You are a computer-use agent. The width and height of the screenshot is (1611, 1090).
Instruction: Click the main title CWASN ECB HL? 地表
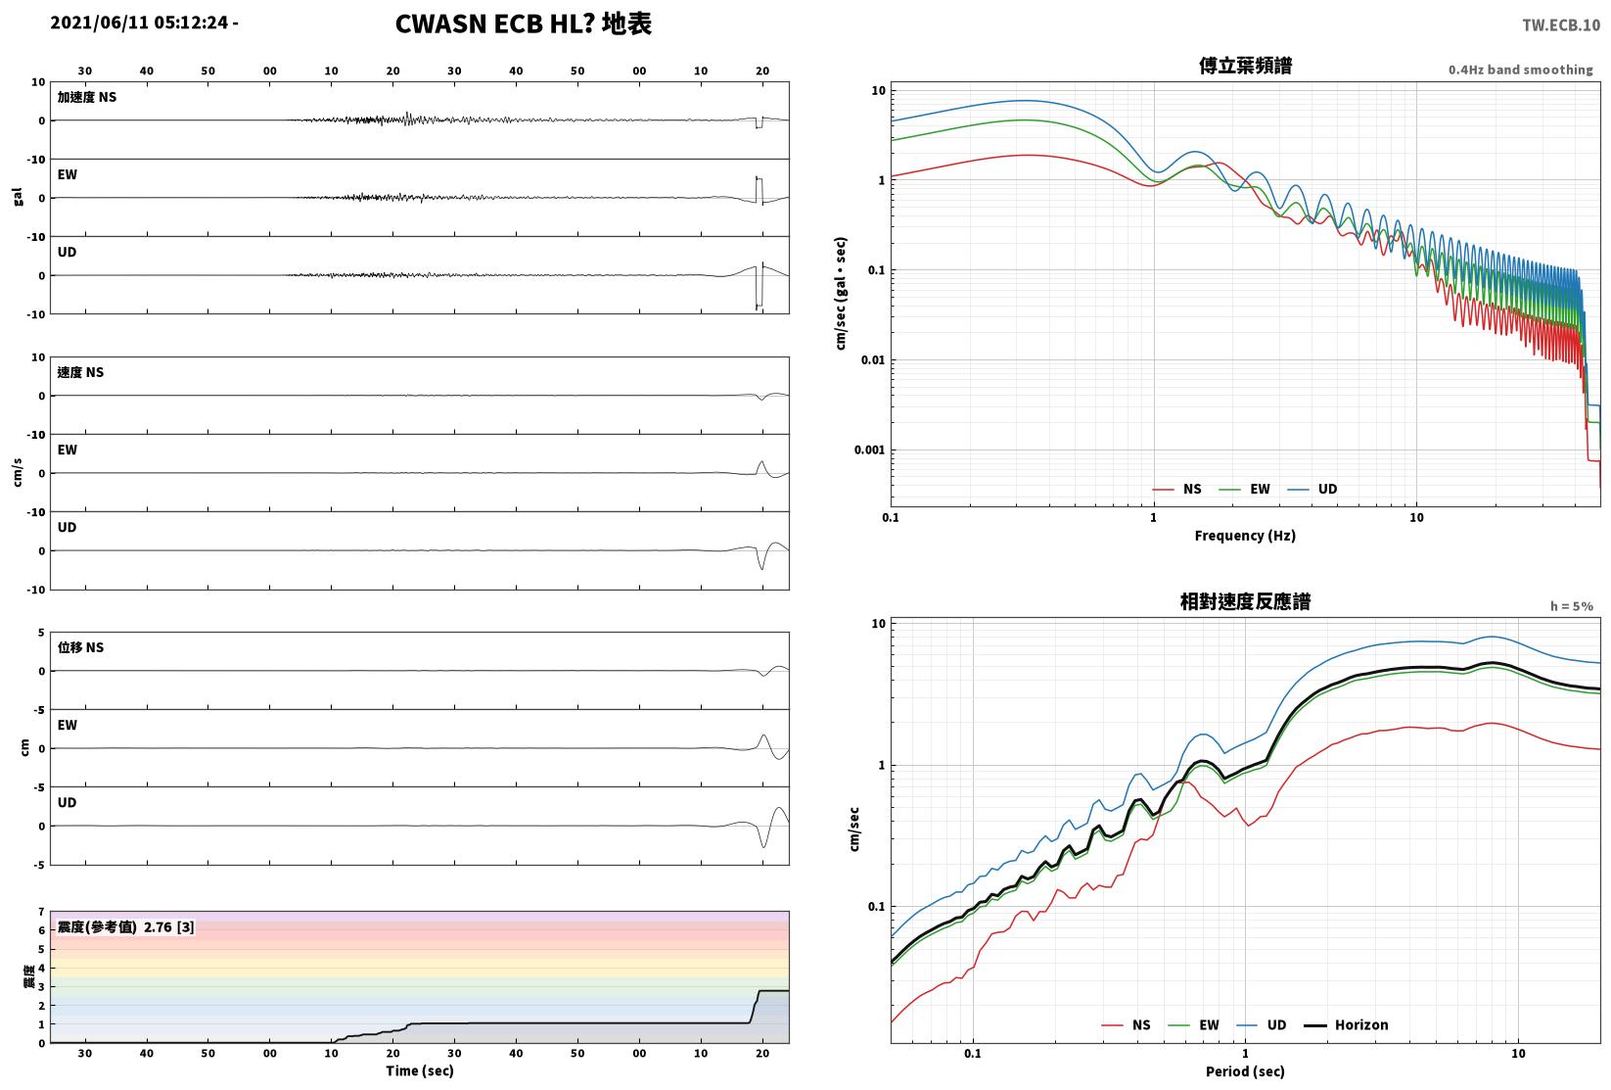(x=524, y=24)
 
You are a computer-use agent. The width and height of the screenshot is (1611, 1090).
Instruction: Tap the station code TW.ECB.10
(x=1561, y=25)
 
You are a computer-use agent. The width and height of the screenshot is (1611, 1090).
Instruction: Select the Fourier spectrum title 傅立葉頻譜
(x=1245, y=66)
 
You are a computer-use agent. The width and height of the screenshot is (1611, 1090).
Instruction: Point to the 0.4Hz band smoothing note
(x=1520, y=70)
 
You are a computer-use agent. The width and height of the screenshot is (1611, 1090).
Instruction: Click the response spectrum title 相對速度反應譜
(x=1245, y=601)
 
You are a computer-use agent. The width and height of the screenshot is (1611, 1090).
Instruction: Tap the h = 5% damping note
(x=1572, y=606)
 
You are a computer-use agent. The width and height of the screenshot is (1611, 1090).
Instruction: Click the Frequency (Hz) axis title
(x=1245, y=536)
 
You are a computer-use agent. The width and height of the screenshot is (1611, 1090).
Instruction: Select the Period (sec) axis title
(x=1245, y=1071)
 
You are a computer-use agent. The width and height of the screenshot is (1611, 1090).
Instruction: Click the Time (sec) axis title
(x=420, y=1070)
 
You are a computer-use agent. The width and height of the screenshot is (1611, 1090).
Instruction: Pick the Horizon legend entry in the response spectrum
(x=1347, y=1024)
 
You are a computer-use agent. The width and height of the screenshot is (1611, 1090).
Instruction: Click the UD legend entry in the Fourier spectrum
(x=1312, y=489)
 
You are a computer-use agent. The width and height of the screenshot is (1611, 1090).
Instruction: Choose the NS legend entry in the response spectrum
(x=1127, y=1024)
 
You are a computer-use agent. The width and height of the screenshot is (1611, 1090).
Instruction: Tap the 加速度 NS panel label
(x=87, y=97)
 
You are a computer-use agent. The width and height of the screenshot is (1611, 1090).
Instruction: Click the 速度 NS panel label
(x=80, y=372)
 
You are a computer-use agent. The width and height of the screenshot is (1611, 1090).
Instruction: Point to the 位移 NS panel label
(x=80, y=647)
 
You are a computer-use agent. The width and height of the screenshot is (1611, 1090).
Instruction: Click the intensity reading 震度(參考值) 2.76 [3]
(x=126, y=926)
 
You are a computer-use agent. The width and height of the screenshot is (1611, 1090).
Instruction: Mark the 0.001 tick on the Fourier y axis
(x=869, y=450)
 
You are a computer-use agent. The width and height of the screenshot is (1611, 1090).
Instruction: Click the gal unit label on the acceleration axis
(x=18, y=197)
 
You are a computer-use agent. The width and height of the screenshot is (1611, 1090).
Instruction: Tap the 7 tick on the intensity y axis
(x=42, y=912)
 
